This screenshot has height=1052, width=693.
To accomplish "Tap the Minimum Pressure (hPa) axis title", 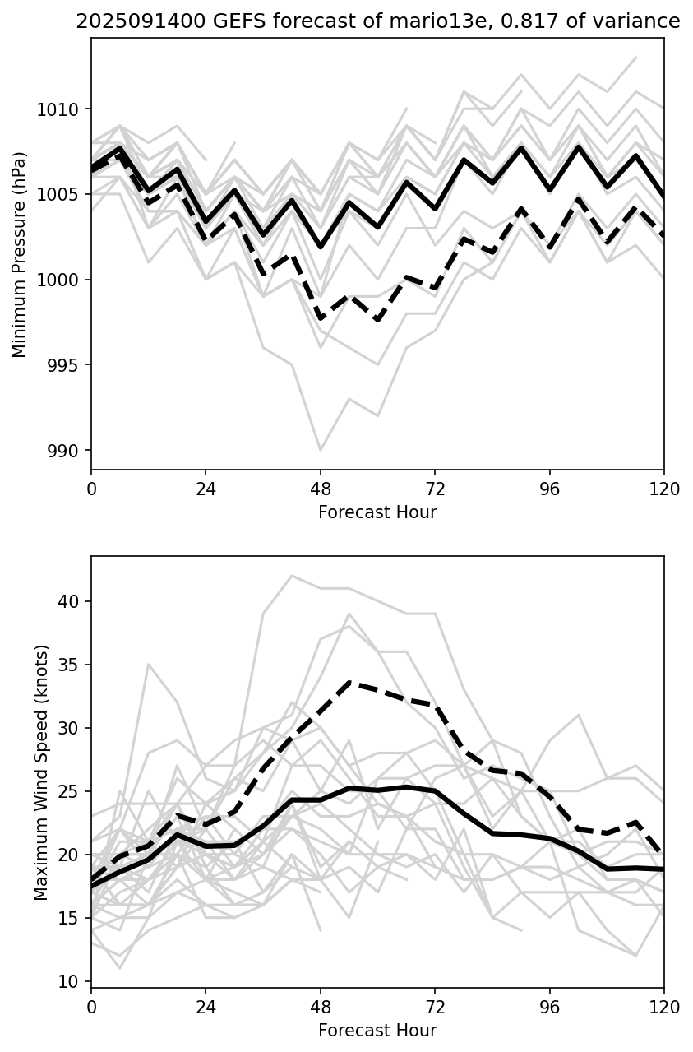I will pyautogui.click(x=19, y=254).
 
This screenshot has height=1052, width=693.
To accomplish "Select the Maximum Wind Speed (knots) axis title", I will pyautogui.click(x=41, y=772).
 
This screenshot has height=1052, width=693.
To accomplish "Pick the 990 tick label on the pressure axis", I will pyautogui.click(x=63, y=451).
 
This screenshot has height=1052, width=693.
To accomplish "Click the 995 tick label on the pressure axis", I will pyautogui.click(x=63, y=365).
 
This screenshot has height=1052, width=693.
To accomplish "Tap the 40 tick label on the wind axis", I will pyautogui.click(x=70, y=602).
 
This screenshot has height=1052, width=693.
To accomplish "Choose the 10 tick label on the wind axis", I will pyautogui.click(x=70, y=982).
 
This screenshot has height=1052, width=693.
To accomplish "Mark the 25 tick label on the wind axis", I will pyautogui.click(x=70, y=792).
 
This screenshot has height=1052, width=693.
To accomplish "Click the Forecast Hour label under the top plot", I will pyautogui.click(x=377, y=512).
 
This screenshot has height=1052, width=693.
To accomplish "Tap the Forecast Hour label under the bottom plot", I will pyautogui.click(x=377, y=1031).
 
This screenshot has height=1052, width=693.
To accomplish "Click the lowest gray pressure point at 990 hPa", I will pyautogui.click(x=321, y=450).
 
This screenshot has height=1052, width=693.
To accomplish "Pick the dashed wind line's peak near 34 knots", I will pyautogui.click(x=349, y=682).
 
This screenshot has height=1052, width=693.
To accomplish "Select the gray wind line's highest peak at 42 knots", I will pyautogui.click(x=292, y=576).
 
